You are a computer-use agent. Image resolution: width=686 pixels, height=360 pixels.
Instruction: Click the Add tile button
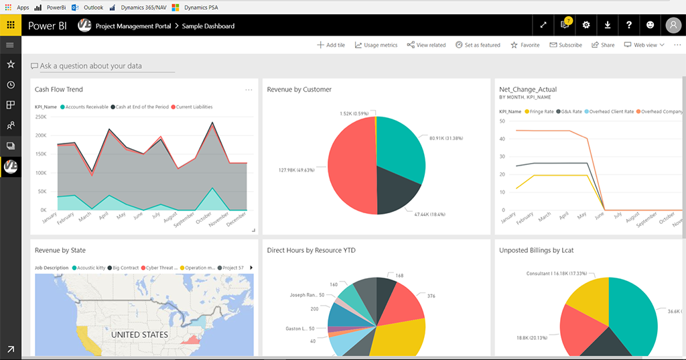[x=331, y=45]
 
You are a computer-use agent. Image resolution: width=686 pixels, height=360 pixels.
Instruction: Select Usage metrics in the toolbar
[x=376, y=45]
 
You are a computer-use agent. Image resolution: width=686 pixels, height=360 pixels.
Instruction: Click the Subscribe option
[x=566, y=45]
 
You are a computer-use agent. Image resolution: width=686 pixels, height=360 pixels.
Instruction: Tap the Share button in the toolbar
[x=603, y=45]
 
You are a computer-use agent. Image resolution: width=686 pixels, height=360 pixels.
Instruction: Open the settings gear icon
[x=586, y=25]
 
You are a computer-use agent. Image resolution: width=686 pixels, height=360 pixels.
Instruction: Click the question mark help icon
[x=629, y=25]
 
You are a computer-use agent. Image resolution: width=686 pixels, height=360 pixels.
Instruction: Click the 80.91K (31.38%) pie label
[x=446, y=138]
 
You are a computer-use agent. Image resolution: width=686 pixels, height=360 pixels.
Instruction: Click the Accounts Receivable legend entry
[x=86, y=107]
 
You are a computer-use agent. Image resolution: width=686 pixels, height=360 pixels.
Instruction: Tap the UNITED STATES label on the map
[x=139, y=335]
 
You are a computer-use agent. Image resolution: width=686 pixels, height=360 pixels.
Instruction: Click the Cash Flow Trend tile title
[x=59, y=89]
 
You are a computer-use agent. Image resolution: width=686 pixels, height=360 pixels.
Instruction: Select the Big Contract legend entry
[x=125, y=267]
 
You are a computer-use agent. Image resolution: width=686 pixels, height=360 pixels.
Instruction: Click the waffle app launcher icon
[x=11, y=25]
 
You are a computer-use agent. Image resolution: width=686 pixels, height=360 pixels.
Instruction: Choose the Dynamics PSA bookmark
[x=198, y=7]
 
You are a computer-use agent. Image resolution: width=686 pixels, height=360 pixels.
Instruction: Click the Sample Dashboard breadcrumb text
[x=208, y=26]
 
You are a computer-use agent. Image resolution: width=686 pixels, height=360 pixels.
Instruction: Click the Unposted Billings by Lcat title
[x=536, y=250]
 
